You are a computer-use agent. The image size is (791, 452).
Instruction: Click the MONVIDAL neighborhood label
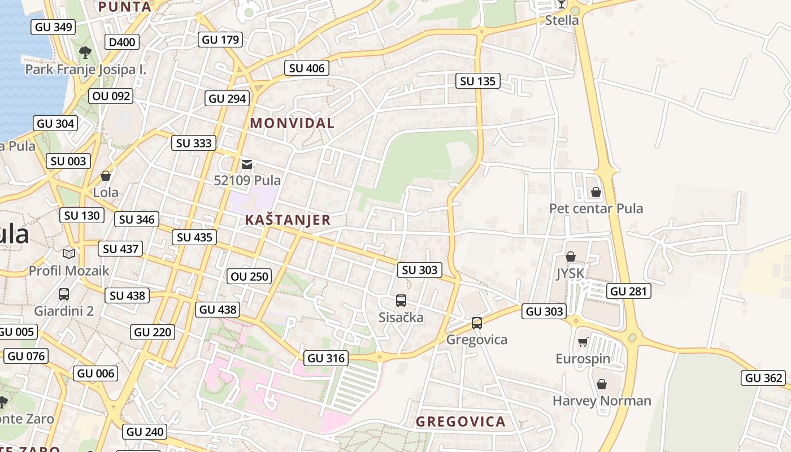(x=292, y=123)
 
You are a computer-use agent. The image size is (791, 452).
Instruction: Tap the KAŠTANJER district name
(x=288, y=220)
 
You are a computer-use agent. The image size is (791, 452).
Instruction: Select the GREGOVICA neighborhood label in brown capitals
(x=460, y=421)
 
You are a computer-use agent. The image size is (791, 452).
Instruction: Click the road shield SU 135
(x=477, y=81)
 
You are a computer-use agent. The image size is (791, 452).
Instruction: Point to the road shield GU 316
(x=326, y=358)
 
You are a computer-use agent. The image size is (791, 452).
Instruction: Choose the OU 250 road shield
(x=250, y=277)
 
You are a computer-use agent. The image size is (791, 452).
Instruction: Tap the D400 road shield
(x=121, y=42)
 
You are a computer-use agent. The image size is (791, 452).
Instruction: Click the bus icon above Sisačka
(x=401, y=301)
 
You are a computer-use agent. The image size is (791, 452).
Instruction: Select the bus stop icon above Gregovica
(x=476, y=323)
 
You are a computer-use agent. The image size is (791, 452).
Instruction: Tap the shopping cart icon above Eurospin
(x=583, y=342)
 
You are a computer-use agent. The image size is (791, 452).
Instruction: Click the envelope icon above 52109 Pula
(x=247, y=164)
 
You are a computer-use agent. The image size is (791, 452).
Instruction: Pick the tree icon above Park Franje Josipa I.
(x=85, y=53)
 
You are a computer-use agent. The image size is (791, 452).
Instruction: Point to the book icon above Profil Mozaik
(x=69, y=254)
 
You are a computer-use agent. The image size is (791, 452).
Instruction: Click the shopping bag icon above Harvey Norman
(x=602, y=384)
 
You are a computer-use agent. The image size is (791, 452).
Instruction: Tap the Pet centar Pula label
(x=596, y=208)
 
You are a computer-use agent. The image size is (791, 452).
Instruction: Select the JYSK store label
(x=570, y=274)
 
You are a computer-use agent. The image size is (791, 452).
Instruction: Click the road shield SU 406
(x=307, y=68)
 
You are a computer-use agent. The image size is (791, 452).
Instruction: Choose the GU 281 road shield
(x=628, y=292)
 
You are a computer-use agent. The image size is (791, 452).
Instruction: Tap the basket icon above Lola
(x=106, y=176)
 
